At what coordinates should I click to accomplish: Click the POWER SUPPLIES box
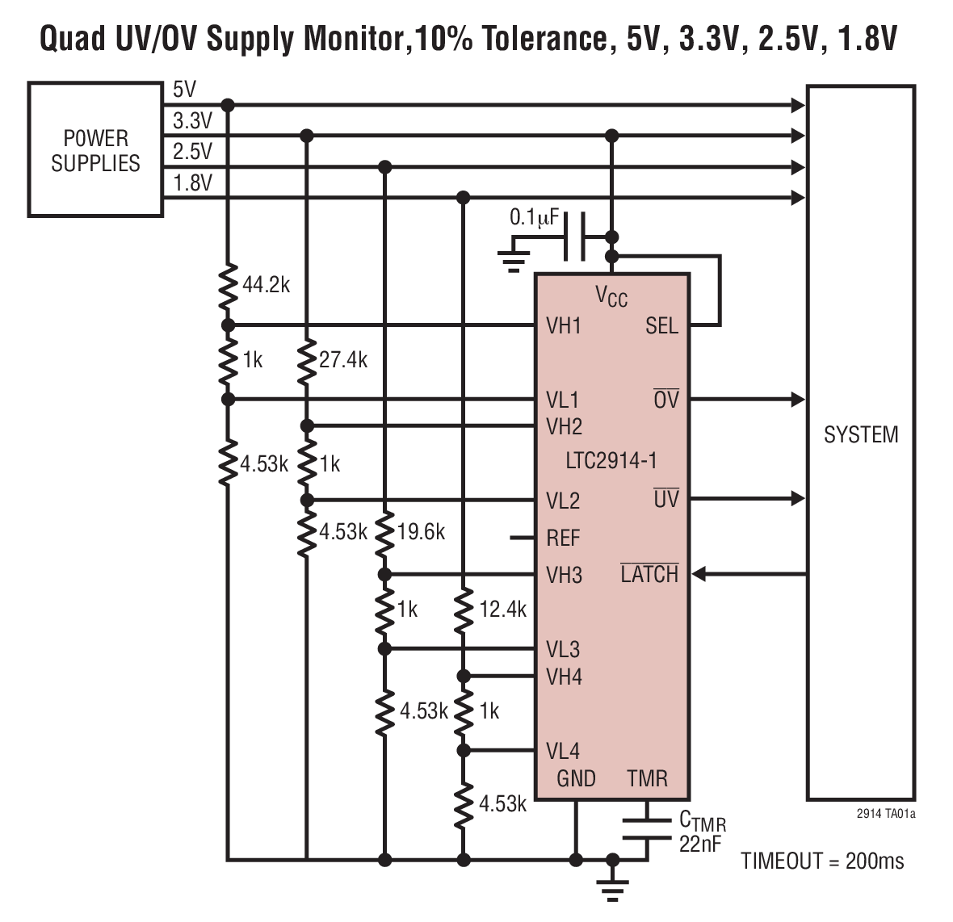[95, 150]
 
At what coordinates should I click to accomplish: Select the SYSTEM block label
[860, 435]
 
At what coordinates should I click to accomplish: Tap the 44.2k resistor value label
[266, 285]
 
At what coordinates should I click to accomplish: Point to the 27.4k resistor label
[343, 360]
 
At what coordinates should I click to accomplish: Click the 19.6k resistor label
[421, 533]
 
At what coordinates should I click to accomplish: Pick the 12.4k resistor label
[502, 610]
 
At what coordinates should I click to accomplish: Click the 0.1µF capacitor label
[535, 218]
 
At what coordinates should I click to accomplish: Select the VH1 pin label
[564, 326]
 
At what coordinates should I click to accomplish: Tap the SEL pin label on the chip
[661, 326]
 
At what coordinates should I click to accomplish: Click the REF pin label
[563, 538]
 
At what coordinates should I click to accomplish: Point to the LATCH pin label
[649, 575]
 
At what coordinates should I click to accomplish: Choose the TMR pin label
[647, 778]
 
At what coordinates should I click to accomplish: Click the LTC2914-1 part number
[611, 461]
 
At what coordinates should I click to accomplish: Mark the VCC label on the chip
[611, 296]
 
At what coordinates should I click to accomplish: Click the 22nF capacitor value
[700, 844]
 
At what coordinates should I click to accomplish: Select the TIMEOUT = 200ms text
[822, 861]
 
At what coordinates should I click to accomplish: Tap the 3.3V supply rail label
[192, 121]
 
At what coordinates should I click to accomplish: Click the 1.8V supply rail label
[192, 183]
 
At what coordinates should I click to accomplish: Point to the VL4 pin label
[563, 751]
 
